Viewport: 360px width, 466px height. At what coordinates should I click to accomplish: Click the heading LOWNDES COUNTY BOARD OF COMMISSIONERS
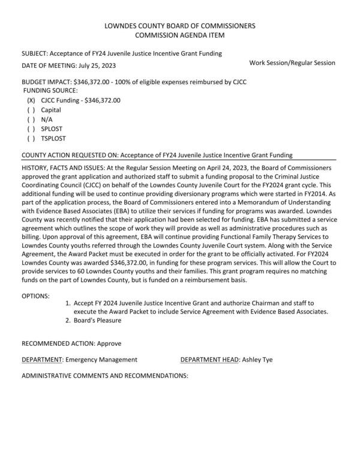coord(179,26)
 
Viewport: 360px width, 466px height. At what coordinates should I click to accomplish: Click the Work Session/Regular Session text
coord(292,62)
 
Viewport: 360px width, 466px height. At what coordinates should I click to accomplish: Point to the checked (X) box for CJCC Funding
coord(31,100)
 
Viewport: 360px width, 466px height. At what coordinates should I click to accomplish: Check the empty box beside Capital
coord(31,110)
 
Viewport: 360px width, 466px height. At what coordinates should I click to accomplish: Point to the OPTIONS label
coord(36,296)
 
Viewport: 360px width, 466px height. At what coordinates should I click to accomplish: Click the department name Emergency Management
coord(101,359)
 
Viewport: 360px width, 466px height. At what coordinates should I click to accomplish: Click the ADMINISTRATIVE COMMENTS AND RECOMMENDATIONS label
coord(105,376)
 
